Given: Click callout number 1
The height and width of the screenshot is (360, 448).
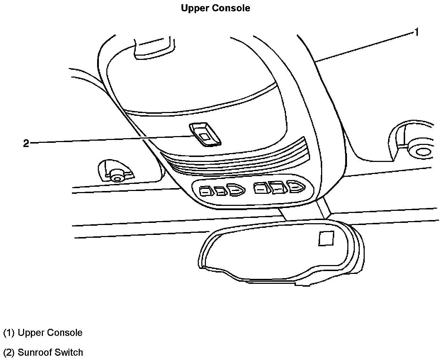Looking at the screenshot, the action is point(416,32).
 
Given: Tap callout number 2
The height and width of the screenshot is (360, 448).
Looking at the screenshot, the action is point(26,144).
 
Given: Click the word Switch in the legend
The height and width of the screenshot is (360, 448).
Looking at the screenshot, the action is point(70,353).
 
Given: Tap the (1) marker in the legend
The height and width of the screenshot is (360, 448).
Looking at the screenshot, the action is point(9,333).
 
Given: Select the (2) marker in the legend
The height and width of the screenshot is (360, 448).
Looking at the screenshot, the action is point(9,353).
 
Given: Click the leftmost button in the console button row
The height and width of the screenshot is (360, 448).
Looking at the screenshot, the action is point(205,192).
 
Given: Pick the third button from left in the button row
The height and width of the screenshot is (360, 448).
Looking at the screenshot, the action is point(235,190).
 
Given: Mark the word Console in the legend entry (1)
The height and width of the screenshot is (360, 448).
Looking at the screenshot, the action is point(65,333).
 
